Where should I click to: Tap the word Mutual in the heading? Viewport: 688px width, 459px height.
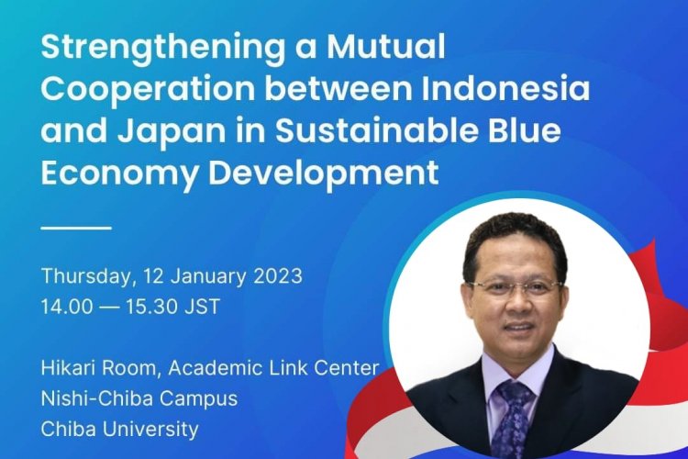click(x=385, y=50)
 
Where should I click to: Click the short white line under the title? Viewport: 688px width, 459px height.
click(x=76, y=226)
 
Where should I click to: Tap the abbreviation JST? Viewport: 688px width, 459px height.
click(x=201, y=307)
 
